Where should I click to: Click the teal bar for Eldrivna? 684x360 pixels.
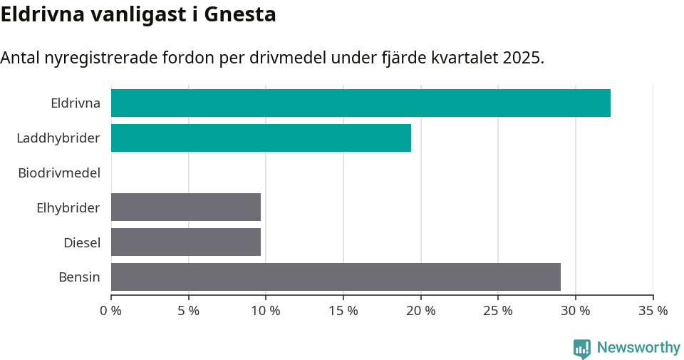(x=361, y=103)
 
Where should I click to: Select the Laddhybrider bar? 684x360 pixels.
(x=261, y=138)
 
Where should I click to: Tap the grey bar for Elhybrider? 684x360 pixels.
(x=186, y=207)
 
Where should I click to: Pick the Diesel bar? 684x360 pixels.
(x=186, y=242)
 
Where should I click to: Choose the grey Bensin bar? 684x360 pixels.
(x=336, y=277)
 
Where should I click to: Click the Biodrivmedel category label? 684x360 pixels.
(x=59, y=173)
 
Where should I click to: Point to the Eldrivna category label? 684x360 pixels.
(x=76, y=103)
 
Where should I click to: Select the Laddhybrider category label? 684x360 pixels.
(x=58, y=138)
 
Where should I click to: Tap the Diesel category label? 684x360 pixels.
(x=82, y=242)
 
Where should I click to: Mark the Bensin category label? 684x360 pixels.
(x=79, y=277)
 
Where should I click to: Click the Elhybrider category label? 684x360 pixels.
(x=68, y=207)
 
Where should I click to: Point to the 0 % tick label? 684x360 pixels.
(x=111, y=311)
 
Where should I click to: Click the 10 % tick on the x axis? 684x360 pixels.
(x=266, y=311)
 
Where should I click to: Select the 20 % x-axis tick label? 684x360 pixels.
(x=420, y=311)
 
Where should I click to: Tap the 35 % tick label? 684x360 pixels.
(x=653, y=311)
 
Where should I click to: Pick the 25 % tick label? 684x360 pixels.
(x=498, y=311)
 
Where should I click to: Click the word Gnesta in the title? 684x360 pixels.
(x=240, y=14)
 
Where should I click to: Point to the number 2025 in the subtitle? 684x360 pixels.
(x=522, y=58)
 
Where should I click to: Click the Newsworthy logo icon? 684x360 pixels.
(x=582, y=348)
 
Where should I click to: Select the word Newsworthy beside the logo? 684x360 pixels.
(x=638, y=348)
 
